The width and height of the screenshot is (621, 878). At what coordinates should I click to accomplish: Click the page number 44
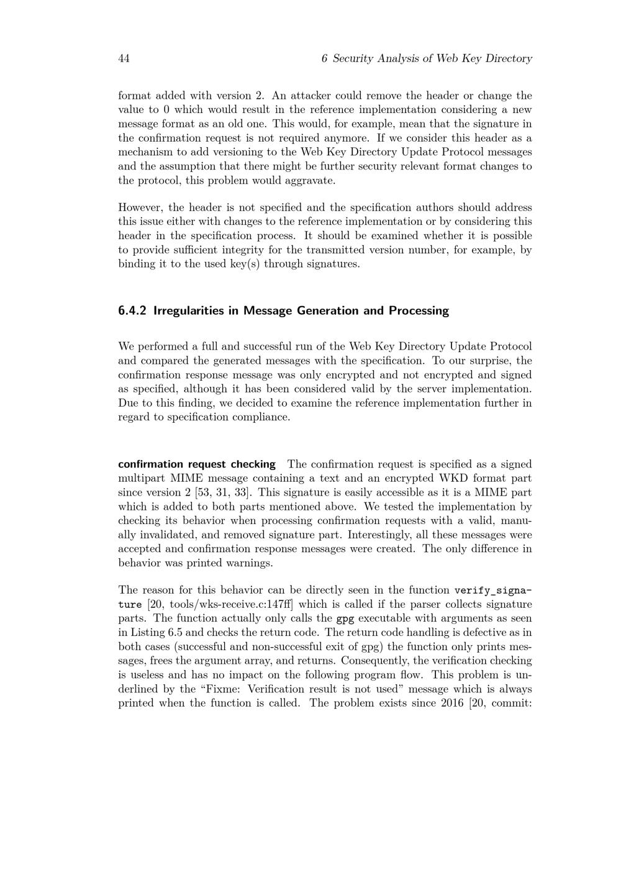click(x=124, y=58)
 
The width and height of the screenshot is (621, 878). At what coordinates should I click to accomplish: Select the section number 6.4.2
click(x=132, y=310)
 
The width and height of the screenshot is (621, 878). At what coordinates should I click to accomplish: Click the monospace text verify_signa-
click(x=493, y=590)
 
